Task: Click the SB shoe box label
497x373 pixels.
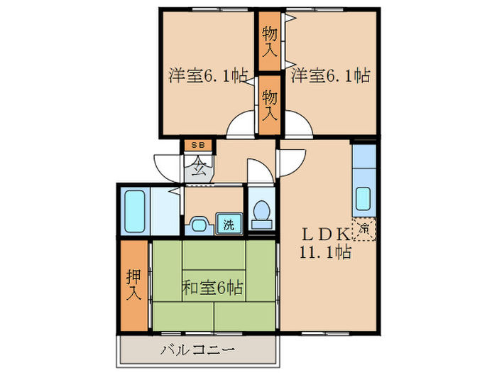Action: pos(197,146)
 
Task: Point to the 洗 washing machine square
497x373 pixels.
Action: pos(229,225)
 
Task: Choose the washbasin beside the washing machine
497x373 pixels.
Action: pos(198,225)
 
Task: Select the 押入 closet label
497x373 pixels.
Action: pos(134,284)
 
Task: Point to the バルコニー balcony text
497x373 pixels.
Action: pos(197,350)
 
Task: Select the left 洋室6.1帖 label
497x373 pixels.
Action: pos(207,75)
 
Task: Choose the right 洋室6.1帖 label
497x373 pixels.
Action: pos(329,75)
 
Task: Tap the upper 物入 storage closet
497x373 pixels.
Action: pos(269,41)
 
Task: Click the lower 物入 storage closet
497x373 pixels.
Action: pos(269,104)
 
